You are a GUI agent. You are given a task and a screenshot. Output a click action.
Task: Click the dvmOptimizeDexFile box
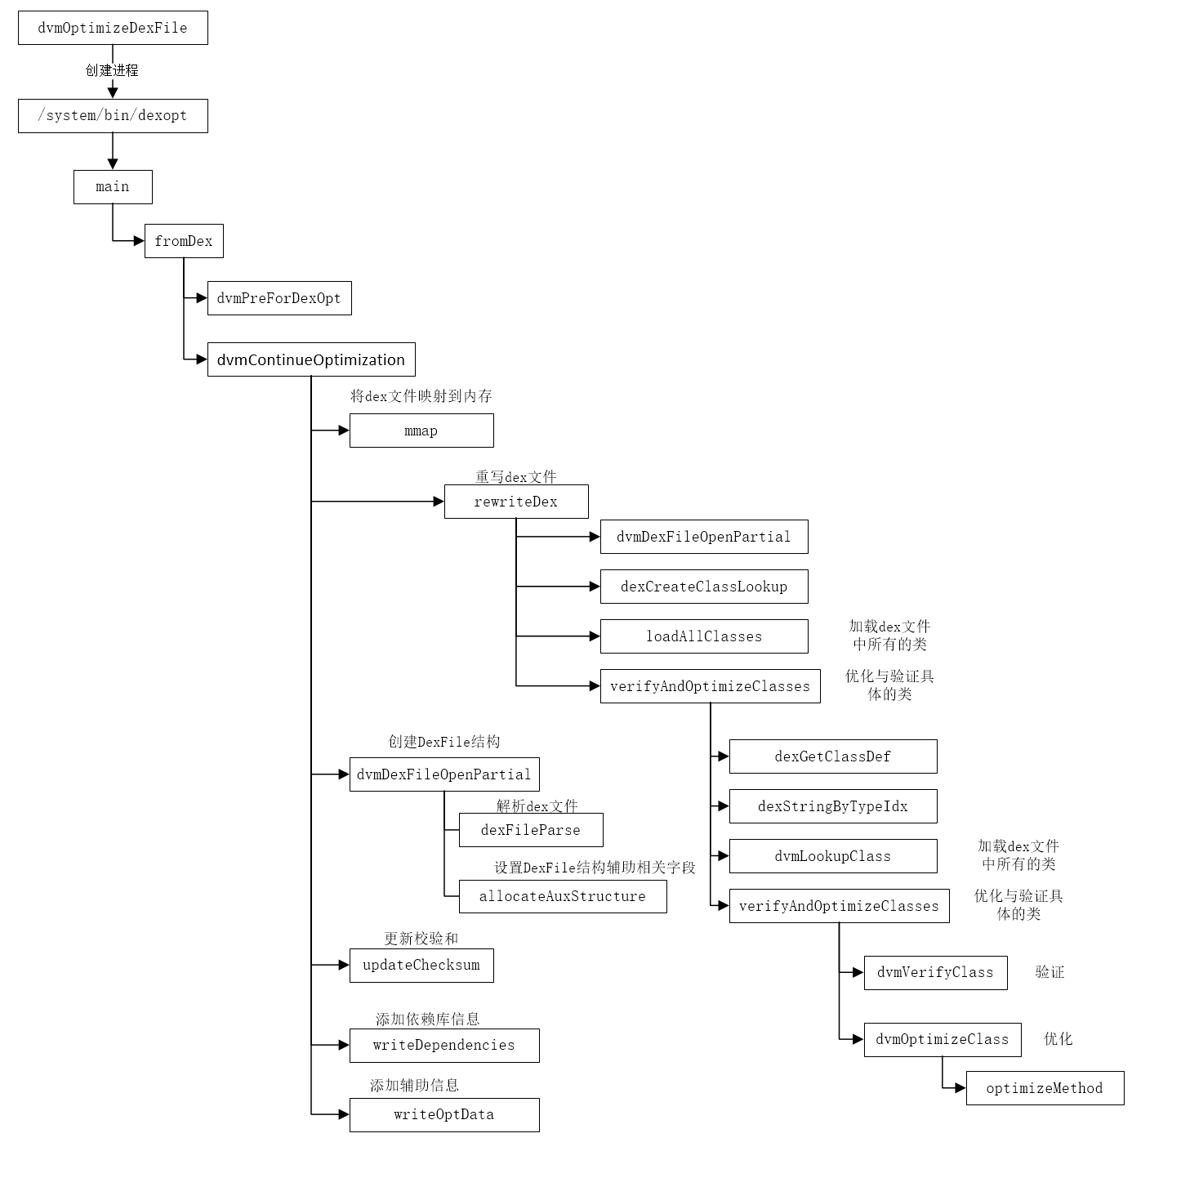tap(113, 28)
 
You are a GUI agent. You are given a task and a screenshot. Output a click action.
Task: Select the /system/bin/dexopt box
tap(113, 116)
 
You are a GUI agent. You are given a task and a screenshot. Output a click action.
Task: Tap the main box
tap(113, 187)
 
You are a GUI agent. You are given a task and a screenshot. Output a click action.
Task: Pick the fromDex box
tap(184, 241)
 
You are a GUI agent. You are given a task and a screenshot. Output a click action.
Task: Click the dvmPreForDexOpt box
tap(279, 298)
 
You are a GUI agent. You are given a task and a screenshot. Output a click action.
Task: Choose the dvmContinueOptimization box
tap(311, 359)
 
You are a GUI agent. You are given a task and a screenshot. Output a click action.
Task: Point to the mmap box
tap(421, 431)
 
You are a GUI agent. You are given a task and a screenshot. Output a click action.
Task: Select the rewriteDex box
tap(516, 502)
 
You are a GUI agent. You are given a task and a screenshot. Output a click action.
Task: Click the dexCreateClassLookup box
tap(704, 587)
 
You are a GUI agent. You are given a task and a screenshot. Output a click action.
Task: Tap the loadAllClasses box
tap(704, 636)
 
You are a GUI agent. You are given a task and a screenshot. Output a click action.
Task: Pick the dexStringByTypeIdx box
tap(833, 806)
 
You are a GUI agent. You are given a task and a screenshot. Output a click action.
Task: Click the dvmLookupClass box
tap(833, 856)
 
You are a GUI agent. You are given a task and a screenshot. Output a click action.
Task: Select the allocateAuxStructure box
tap(563, 896)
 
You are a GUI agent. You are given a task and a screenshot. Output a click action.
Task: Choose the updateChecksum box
tap(421, 966)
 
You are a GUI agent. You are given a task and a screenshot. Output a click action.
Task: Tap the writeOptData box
tap(444, 1115)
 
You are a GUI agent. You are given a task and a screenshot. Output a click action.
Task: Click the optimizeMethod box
tap(1045, 1088)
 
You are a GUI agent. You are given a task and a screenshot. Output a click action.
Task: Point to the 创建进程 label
tap(112, 70)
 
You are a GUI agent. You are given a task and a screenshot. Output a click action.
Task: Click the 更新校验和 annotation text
tap(421, 938)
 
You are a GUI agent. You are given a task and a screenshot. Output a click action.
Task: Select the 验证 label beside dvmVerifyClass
tap(1050, 972)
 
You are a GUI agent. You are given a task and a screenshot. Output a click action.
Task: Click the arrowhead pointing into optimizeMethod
tap(960, 1088)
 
